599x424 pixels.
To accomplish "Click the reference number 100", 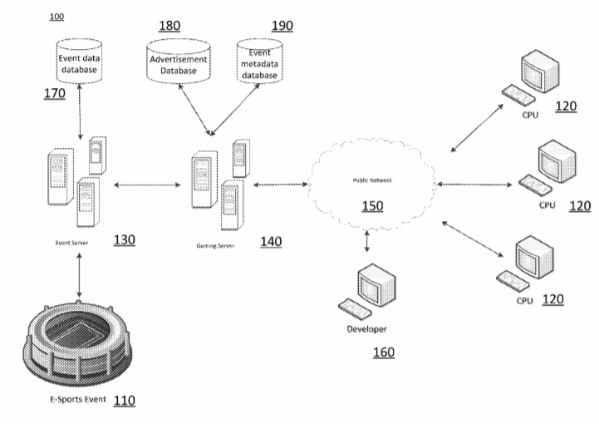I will coord(56,17).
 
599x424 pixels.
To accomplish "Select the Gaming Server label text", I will coord(215,247).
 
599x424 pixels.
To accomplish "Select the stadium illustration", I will coord(79,342).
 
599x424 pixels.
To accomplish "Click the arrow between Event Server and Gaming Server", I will coord(147,185).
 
